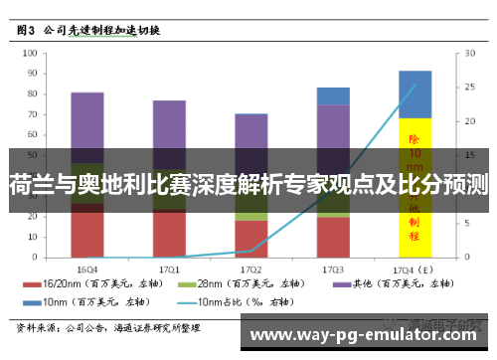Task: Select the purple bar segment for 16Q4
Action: [87, 124]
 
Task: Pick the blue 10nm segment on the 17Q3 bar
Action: [333, 95]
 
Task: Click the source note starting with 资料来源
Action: [109, 326]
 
